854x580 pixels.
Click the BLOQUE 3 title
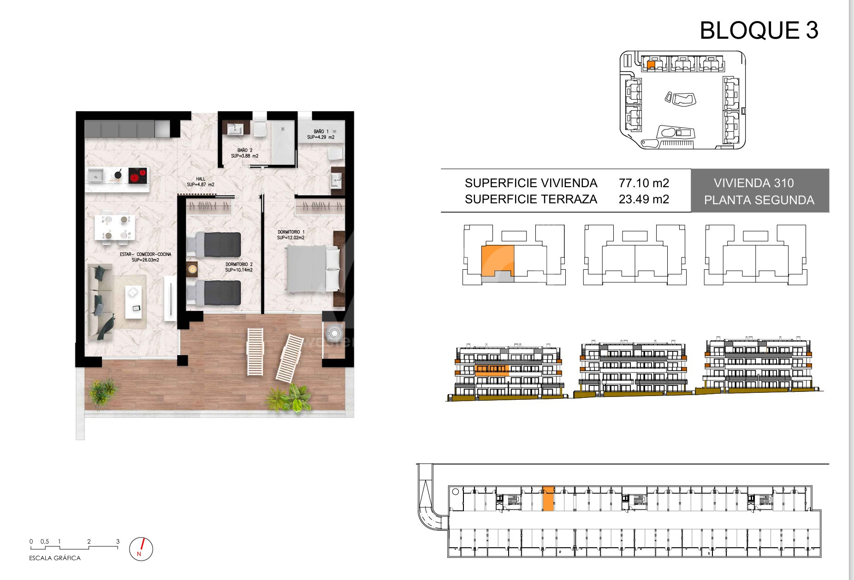(759, 30)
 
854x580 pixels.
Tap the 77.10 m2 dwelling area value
(644, 183)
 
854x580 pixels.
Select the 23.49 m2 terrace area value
(644, 199)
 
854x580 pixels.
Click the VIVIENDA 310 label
(754, 183)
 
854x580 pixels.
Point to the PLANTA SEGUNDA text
(759, 200)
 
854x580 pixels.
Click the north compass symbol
(141, 549)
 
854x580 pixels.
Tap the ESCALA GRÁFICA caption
(55, 558)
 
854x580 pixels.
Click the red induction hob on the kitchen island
(137, 175)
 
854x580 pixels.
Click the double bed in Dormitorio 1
(313, 270)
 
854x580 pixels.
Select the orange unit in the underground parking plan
(548, 499)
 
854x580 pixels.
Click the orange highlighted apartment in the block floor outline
(497, 261)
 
